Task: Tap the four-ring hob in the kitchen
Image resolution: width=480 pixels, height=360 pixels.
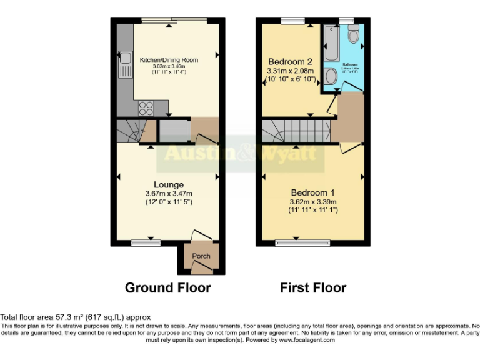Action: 145,107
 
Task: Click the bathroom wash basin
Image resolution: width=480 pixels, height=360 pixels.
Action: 332,77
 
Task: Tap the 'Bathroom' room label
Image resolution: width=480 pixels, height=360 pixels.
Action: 350,64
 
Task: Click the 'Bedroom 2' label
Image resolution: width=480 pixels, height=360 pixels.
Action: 290,62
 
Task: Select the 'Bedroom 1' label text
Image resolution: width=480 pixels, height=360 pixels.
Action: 313,192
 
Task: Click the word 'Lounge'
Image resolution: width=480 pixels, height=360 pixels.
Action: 169,184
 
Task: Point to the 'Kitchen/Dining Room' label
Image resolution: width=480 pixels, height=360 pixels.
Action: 169,60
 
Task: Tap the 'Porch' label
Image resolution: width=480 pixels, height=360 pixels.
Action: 201,256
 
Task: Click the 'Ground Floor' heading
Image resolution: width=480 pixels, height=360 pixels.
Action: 167,287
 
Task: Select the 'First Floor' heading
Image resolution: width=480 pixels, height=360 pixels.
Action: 313,287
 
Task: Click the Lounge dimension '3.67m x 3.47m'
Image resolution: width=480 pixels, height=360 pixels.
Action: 169,194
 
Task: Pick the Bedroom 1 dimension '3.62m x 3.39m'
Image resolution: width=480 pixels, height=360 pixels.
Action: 313,202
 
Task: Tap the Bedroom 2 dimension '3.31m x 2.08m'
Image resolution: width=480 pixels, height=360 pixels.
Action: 290,72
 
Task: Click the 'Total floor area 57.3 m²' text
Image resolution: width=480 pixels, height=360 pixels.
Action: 76,317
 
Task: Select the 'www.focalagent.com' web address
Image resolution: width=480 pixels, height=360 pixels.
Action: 307,341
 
